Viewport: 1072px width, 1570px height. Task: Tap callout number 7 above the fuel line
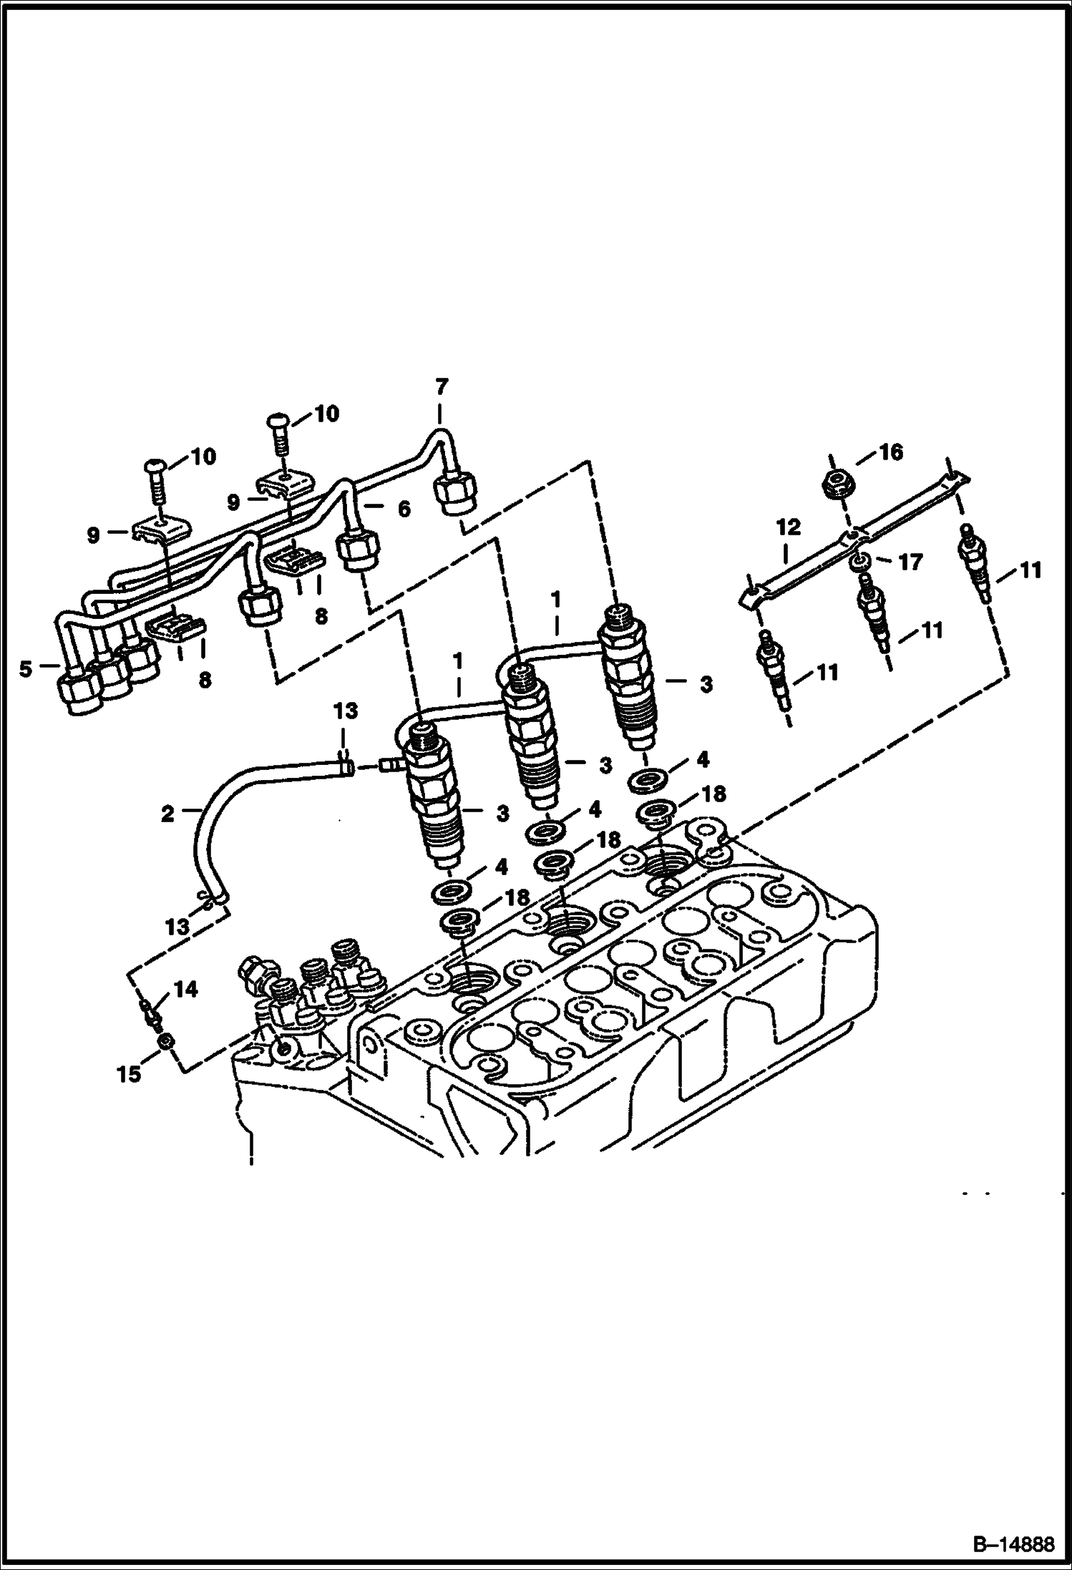point(442,387)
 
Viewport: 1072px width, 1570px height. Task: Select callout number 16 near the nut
point(891,452)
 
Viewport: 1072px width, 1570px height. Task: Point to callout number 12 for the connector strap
point(788,528)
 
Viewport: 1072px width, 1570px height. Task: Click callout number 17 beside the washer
point(911,562)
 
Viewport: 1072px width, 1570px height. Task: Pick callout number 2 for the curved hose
point(167,814)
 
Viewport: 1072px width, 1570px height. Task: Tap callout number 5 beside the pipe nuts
point(26,670)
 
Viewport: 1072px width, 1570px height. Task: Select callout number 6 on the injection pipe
point(404,509)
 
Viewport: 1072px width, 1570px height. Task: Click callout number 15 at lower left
point(130,1074)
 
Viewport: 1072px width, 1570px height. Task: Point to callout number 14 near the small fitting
point(185,990)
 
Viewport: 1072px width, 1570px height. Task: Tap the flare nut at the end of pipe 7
point(454,494)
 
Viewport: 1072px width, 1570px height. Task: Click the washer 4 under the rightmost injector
point(648,779)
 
